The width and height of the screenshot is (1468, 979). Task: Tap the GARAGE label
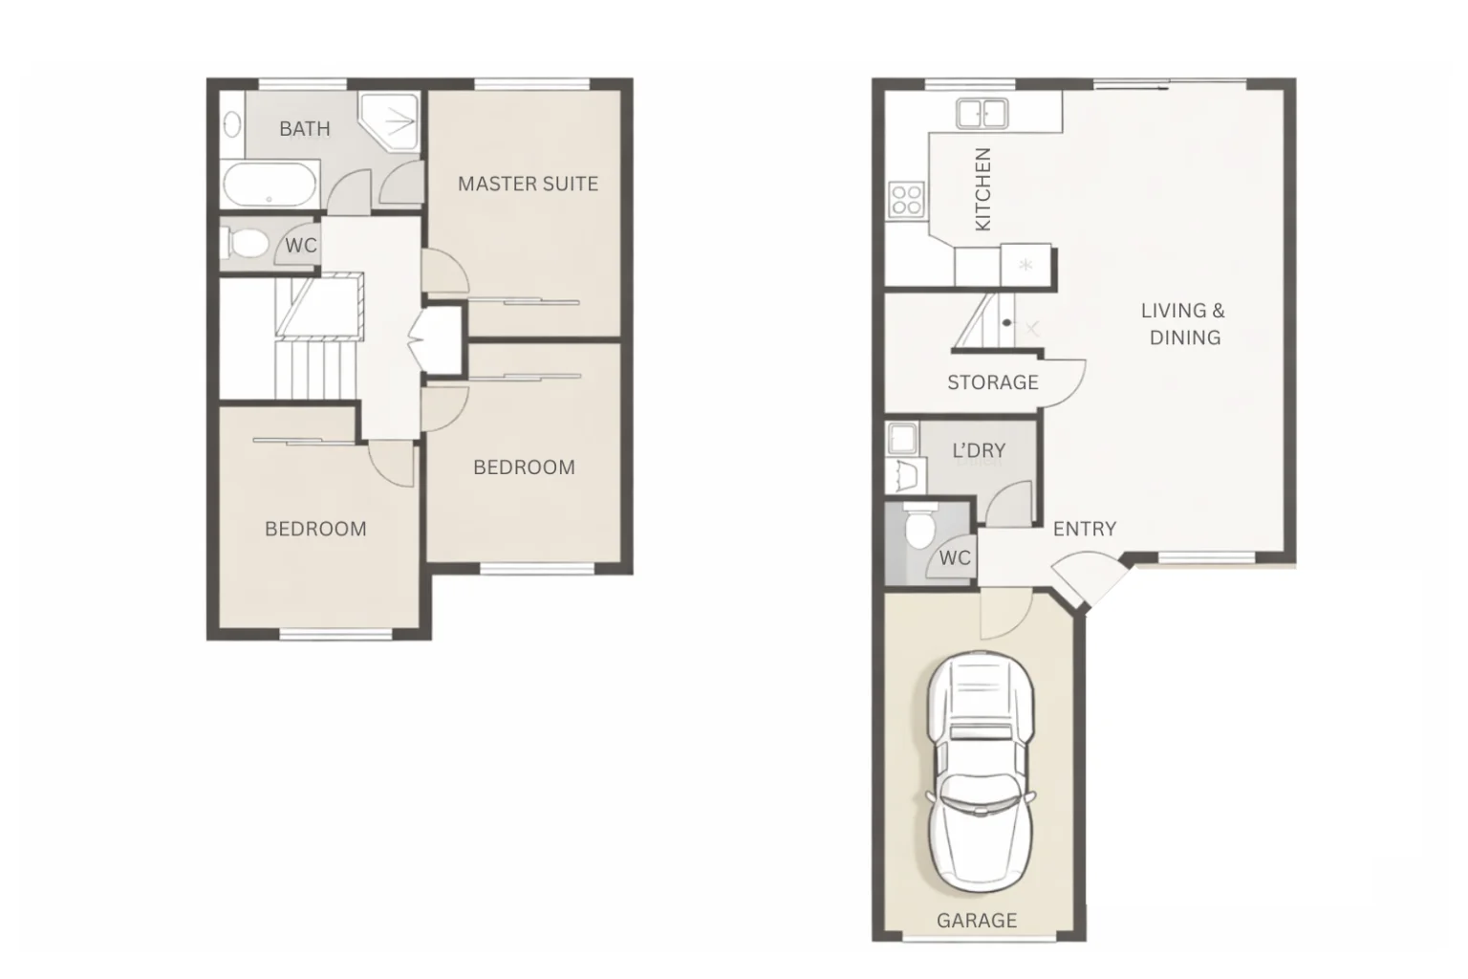click(x=976, y=920)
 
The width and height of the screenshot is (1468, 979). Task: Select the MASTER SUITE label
click(x=528, y=184)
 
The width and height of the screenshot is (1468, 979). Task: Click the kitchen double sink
click(x=982, y=114)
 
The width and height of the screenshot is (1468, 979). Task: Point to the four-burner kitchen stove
click(x=905, y=200)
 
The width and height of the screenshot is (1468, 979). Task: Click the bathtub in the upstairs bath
click(x=270, y=185)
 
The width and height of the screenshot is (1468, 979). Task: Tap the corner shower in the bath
click(x=391, y=120)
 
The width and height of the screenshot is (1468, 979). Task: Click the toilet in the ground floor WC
click(x=920, y=527)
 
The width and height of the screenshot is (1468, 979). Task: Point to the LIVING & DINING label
click(x=1183, y=323)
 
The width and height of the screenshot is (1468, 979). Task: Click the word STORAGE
click(x=992, y=382)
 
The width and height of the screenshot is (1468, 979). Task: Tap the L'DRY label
click(x=978, y=450)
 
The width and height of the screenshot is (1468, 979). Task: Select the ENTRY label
click(x=1084, y=529)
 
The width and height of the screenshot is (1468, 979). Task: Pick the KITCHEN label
click(x=982, y=188)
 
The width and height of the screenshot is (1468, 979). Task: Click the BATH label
click(x=304, y=128)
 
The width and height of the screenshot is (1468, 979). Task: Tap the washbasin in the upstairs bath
click(x=231, y=124)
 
